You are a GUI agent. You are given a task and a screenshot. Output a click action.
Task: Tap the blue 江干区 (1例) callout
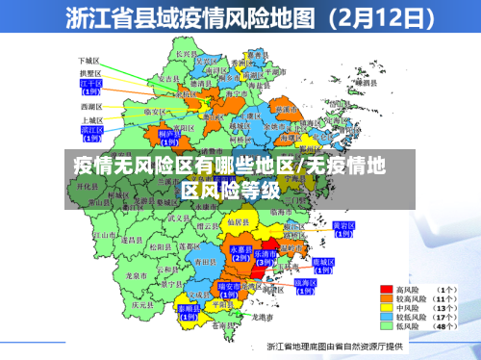pyautogui.click(x=90, y=87)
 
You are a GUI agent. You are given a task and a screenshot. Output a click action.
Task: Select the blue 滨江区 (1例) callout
pyautogui.click(x=91, y=131)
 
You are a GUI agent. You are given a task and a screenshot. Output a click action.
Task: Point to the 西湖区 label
pyautogui.click(x=90, y=106)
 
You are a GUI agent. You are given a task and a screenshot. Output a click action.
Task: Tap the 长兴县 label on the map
pyautogui.click(x=185, y=55)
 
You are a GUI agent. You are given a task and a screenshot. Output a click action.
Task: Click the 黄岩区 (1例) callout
pyautogui.click(x=342, y=228)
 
